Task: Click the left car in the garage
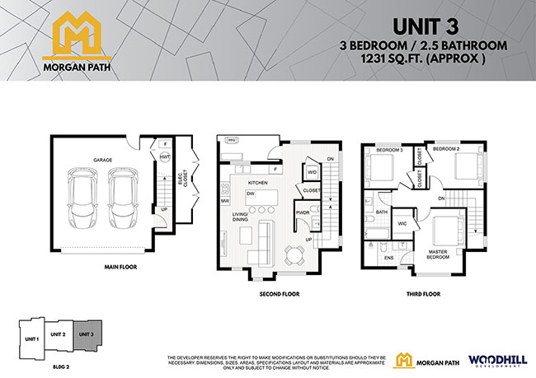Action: [83, 194]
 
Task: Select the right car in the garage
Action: [121, 194]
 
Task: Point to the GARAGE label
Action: [102, 160]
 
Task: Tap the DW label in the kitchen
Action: [249, 194]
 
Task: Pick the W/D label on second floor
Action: [313, 172]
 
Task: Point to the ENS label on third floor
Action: [389, 259]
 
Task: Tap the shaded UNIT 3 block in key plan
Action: [87, 334]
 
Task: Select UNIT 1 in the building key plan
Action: [31, 338]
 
